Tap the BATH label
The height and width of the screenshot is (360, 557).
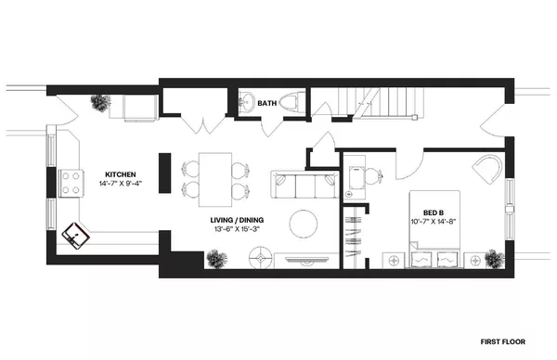tap(267, 103)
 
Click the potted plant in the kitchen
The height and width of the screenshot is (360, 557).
tap(97, 103)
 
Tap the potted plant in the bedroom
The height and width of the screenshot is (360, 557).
tap(492, 256)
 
